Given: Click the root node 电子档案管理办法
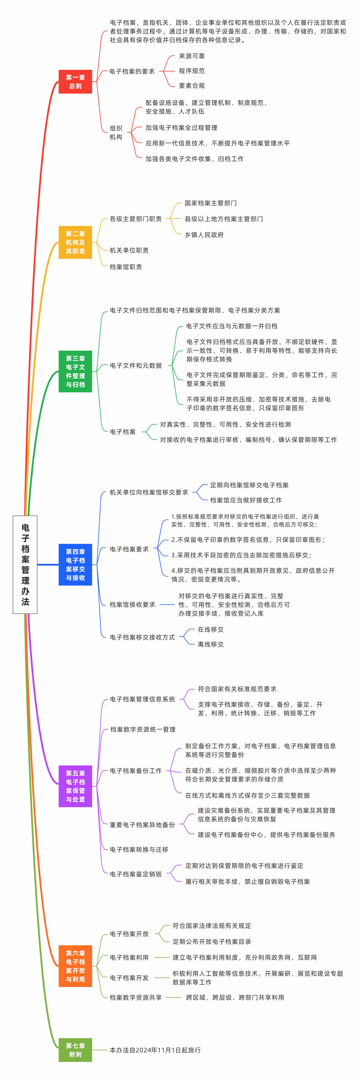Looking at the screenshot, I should click(25, 564).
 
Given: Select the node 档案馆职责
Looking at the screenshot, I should click(126, 267).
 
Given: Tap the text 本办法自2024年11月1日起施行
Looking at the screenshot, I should click(155, 1050).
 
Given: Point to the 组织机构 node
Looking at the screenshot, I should click(116, 133).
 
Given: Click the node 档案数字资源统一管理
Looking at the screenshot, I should click(143, 729).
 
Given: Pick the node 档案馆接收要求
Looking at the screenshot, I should click(132, 605).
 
